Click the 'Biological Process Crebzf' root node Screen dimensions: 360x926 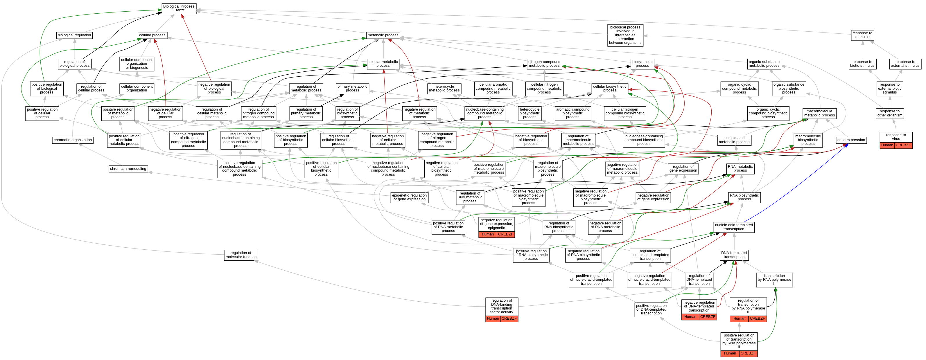(x=179, y=8)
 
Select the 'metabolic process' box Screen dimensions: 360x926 (x=383, y=35)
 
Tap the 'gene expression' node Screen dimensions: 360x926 (x=851, y=140)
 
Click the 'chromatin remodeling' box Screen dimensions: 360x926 (x=128, y=169)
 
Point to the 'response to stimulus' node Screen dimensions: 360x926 (x=862, y=35)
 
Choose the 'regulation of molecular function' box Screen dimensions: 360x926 (x=241, y=255)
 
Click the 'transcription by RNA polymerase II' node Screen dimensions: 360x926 (x=774, y=280)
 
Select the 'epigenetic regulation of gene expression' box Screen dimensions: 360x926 (x=410, y=197)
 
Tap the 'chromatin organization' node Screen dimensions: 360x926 (x=73, y=140)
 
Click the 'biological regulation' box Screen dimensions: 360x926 (x=74, y=35)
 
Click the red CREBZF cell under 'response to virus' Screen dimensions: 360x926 (x=903, y=145)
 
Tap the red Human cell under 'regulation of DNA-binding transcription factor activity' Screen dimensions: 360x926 (x=493, y=319)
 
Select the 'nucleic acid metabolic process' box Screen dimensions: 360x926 (x=734, y=140)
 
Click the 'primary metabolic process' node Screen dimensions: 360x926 (x=352, y=88)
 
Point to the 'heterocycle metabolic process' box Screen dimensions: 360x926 (x=444, y=88)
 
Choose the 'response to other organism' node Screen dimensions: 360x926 (x=890, y=114)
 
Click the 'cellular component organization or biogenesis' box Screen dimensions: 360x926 (x=137, y=64)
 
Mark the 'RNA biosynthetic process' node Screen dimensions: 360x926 (x=744, y=197)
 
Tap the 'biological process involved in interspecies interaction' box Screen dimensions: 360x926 (x=625, y=35)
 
